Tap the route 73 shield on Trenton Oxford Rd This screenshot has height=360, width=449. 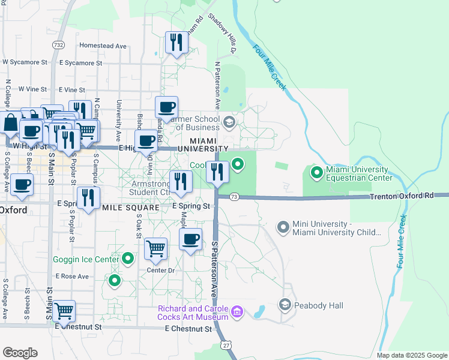pyautogui.click(x=234, y=196)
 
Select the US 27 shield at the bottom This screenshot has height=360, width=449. pyautogui.click(x=226, y=346)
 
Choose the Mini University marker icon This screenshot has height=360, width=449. pyautogui.click(x=283, y=227)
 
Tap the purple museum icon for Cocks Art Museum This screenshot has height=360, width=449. pyautogui.click(x=237, y=311)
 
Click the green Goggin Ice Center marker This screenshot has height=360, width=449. pyautogui.click(x=127, y=259)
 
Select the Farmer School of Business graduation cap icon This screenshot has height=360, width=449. pyautogui.click(x=229, y=122)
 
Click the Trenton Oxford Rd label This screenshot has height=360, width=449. pyautogui.click(x=401, y=196)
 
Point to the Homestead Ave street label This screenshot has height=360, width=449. pyautogui.click(x=103, y=46)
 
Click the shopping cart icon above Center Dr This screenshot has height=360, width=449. pyautogui.click(x=156, y=247)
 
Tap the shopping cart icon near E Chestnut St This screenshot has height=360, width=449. pyautogui.click(x=64, y=310)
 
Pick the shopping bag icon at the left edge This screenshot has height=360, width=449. pyautogui.click(x=11, y=123)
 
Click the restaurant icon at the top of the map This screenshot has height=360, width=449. pyautogui.click(x=176, y=41)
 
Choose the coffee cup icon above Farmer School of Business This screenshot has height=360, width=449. pyautogui.click(x=167, y=107)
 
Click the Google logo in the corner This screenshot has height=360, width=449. pyautogui.click(x=20, y=353)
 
